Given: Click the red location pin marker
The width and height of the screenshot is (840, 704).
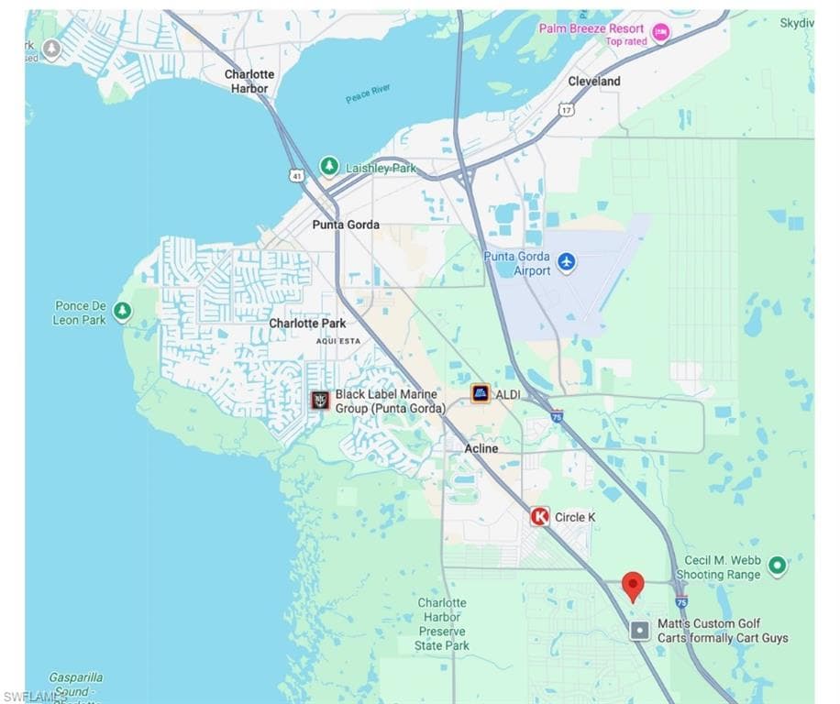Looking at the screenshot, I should click(x=633, y=585).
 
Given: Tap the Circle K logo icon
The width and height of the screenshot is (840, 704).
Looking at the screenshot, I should click(x=540, y=517).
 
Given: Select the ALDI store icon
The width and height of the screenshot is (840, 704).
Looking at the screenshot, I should click(x=481, y=393).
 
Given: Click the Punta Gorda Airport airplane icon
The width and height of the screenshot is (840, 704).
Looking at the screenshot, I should click(x=567, y=262).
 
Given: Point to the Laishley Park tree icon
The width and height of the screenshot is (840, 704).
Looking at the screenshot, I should click(x=329, y=167).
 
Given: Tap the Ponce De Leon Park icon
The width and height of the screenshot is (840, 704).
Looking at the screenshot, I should click(x=122, y=312).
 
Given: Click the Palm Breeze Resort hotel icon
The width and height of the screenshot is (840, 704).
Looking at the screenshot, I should click(x=660, y=34).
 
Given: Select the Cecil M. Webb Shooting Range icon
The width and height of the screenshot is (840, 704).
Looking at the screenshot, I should click(x=778, y=566).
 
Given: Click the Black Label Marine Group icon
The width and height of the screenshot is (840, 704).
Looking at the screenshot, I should click(x=319, y=400).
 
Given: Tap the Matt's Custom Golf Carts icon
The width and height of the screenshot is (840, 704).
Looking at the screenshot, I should click(x=640, y=631).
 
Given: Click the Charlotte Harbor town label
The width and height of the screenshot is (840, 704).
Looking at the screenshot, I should click(x=249, y=82).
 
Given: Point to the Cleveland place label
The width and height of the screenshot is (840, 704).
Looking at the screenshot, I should click(x=594, y=81).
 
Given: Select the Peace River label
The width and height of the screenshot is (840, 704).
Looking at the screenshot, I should click(x=369, y=93).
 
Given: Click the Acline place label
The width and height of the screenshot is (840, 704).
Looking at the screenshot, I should click(x=481, y=448).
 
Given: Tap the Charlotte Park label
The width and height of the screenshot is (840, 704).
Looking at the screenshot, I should click(x=307, y=324).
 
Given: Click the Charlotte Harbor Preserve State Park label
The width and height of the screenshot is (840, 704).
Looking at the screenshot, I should click(x=442, y=624).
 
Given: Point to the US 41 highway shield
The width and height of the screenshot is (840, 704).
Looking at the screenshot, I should click(x=296, y=174).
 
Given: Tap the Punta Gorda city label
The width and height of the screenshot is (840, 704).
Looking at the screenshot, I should click(x=346, y=225).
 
